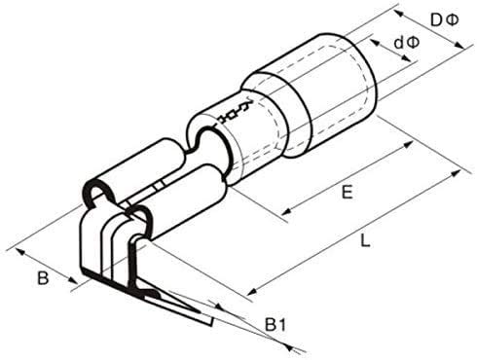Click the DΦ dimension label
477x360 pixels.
coord(444,20)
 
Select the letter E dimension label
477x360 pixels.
coord(347,193)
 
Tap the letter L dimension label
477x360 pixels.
coord(365,241)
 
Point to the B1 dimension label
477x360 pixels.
coord(275,325)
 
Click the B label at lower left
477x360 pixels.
coord(43,278)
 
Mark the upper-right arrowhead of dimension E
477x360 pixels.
coord(408,144)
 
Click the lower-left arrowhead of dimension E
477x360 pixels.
coord(286,211)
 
